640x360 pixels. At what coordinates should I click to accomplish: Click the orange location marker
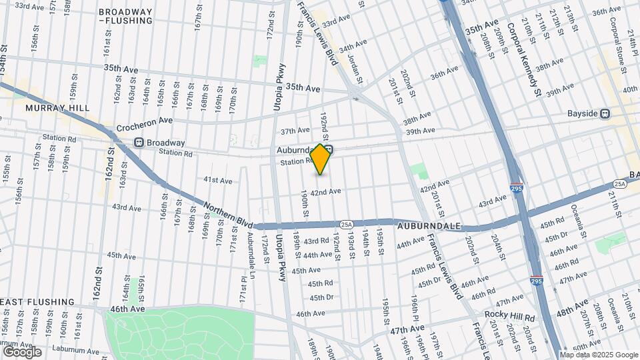(321, 159)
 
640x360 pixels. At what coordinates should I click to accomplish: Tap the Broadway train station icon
(139, 142)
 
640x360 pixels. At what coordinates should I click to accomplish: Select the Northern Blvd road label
(229, 213)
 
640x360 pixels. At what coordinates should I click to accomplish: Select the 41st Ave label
(218, 180)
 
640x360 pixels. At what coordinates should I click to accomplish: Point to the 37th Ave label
(295, 131)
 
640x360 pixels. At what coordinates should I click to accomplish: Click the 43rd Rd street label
(316, 241)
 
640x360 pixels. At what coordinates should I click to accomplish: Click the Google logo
(22, 352)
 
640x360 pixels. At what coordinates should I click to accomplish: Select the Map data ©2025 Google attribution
(599, 355)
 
